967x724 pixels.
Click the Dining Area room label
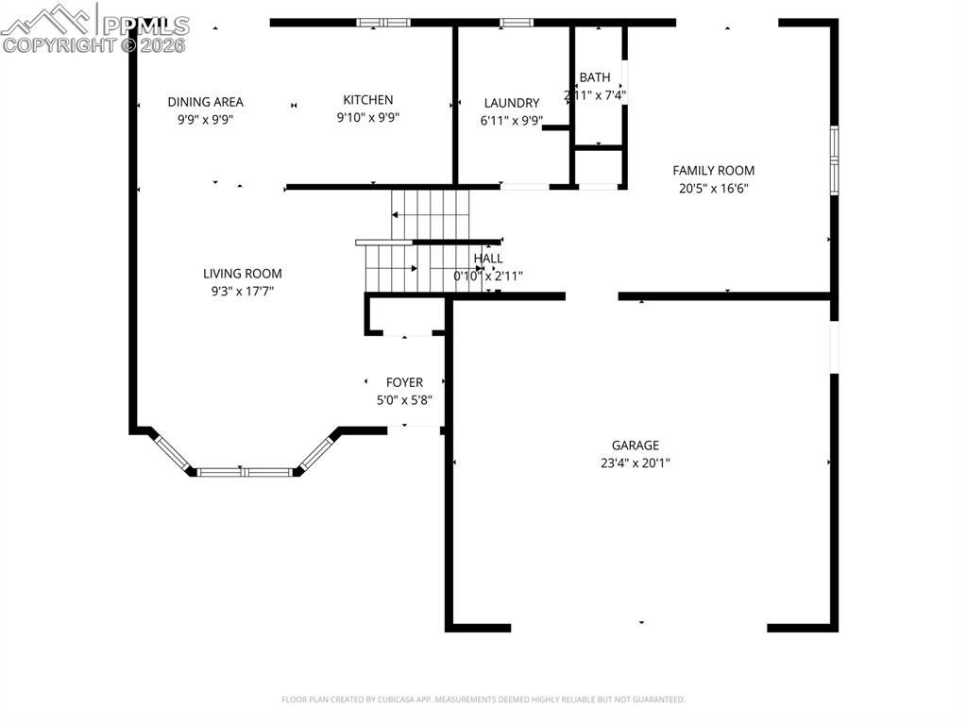[205, 102]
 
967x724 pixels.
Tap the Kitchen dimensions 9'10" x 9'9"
[367, 118]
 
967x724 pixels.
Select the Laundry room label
[511, 103]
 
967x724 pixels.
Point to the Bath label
[595, 77]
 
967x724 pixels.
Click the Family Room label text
[713, 171]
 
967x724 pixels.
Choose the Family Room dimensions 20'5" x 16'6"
[713, 188]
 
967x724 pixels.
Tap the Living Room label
[243, 274]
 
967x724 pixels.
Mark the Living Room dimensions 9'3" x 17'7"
[243, 291]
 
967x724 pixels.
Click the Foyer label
[404, 382]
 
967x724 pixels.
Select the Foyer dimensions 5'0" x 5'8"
[404, 399]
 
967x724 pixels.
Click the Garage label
[635, 446]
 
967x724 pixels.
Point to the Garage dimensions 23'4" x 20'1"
[635, 463]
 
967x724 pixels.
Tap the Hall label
[488, 259]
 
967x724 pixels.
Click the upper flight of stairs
[431, 213]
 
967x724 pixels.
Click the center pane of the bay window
[246, 471]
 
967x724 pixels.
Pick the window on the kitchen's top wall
[383, 22]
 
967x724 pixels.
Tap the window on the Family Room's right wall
[834, 160]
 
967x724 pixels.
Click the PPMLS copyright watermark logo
[94, 28]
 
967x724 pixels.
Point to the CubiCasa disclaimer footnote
[483, 699]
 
